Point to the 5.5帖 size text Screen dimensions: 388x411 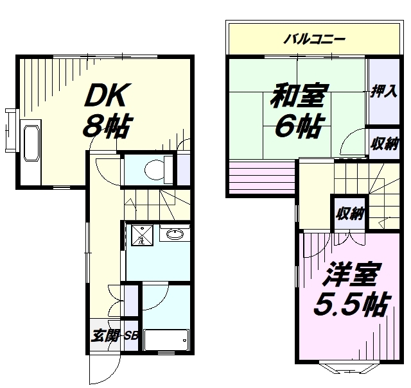351,305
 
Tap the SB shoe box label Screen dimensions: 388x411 131,335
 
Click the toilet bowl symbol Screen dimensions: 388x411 154,170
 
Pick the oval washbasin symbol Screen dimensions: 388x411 174,235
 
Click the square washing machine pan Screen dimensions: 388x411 139,235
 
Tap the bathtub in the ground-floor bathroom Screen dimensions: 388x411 166,339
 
